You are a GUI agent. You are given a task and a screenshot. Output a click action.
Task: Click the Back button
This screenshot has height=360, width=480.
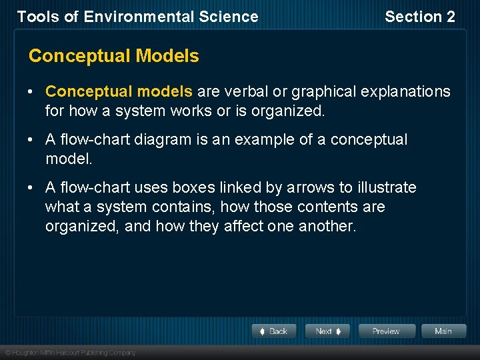(273, 331)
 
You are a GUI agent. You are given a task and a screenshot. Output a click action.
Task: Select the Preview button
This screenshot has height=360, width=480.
(387, 331)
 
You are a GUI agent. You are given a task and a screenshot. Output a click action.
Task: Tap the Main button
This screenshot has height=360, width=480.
(443, 331)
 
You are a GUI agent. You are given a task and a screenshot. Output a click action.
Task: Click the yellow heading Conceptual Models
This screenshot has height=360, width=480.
(113, 56)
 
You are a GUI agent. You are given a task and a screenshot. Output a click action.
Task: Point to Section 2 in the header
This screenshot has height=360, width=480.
(420, 17)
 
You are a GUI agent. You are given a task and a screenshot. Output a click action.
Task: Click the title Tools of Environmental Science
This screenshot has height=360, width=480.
(137, 17)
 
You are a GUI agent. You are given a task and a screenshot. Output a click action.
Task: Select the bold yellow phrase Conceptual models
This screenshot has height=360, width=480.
(119, 91)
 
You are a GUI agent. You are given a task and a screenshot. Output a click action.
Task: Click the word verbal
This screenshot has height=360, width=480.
(245, 91)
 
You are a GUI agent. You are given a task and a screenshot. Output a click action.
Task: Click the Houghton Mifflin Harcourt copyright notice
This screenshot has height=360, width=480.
(70, 353)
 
